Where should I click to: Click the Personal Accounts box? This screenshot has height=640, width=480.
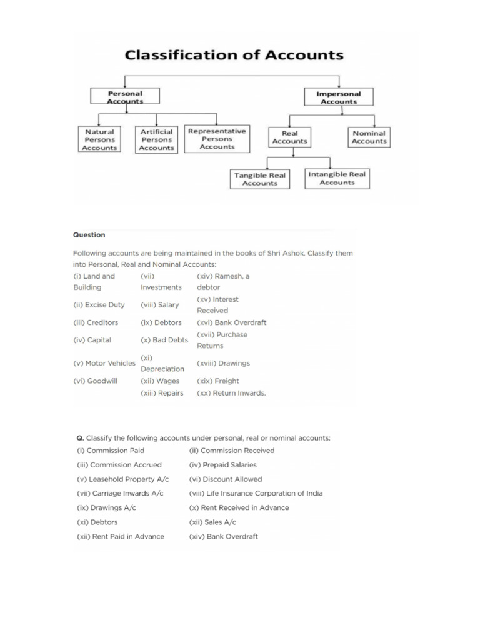click(126, 97)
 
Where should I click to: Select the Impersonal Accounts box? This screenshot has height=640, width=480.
click(340, 97)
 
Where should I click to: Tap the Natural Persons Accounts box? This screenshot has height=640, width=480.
click(100, 140)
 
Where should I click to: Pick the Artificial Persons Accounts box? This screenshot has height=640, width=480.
click(156, 140)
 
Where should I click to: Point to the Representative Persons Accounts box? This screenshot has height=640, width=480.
click(217, 139)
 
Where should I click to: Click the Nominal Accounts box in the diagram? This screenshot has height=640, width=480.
click(369, 137)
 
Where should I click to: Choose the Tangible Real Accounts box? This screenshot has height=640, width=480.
click(260, 179)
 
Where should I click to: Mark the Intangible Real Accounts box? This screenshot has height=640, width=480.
click(337, 178)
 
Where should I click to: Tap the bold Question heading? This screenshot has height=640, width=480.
click(89, 235)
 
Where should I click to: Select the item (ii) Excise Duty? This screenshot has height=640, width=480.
click(99, 305)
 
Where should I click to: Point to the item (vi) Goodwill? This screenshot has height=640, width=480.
click(95, 381)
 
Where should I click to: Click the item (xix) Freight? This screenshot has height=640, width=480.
click(218, 381)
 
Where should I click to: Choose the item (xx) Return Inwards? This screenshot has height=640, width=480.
click(231, 393)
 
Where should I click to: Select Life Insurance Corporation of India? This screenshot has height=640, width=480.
click(256, 493)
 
